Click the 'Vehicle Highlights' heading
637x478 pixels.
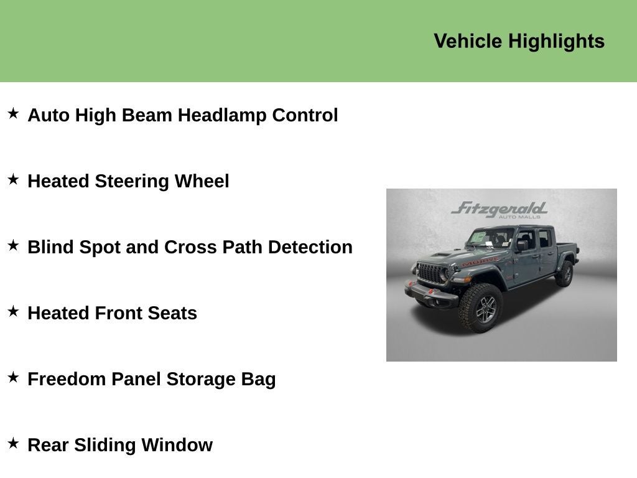(519, 42)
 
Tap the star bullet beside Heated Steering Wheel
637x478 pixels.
(14, 179)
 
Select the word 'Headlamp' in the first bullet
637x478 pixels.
(222, 115)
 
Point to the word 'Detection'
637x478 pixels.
(310, 247)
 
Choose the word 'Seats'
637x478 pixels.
(172, 314)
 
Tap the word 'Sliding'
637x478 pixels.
(105, 445)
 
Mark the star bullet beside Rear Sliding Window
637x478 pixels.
(14, 443)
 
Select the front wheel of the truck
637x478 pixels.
(481, 307)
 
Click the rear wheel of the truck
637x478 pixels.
(565, 273)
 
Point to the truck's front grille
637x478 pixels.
(431, 274)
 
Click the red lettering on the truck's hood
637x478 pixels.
(480, 261)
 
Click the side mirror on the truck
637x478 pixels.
(522, 245)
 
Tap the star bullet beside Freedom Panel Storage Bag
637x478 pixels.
(14, 377)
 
